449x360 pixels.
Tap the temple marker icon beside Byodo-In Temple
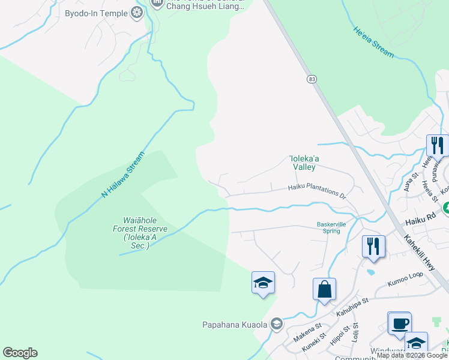(x=137, y=13)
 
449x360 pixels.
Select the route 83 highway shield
(x=311, y=79)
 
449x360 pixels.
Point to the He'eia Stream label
(x=373, y=42)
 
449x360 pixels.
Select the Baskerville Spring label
(x=328, y=228)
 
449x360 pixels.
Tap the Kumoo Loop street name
(x=405, y=281)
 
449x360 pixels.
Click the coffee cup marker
(x=399, y=324)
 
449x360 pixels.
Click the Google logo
(x=20, y=353)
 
